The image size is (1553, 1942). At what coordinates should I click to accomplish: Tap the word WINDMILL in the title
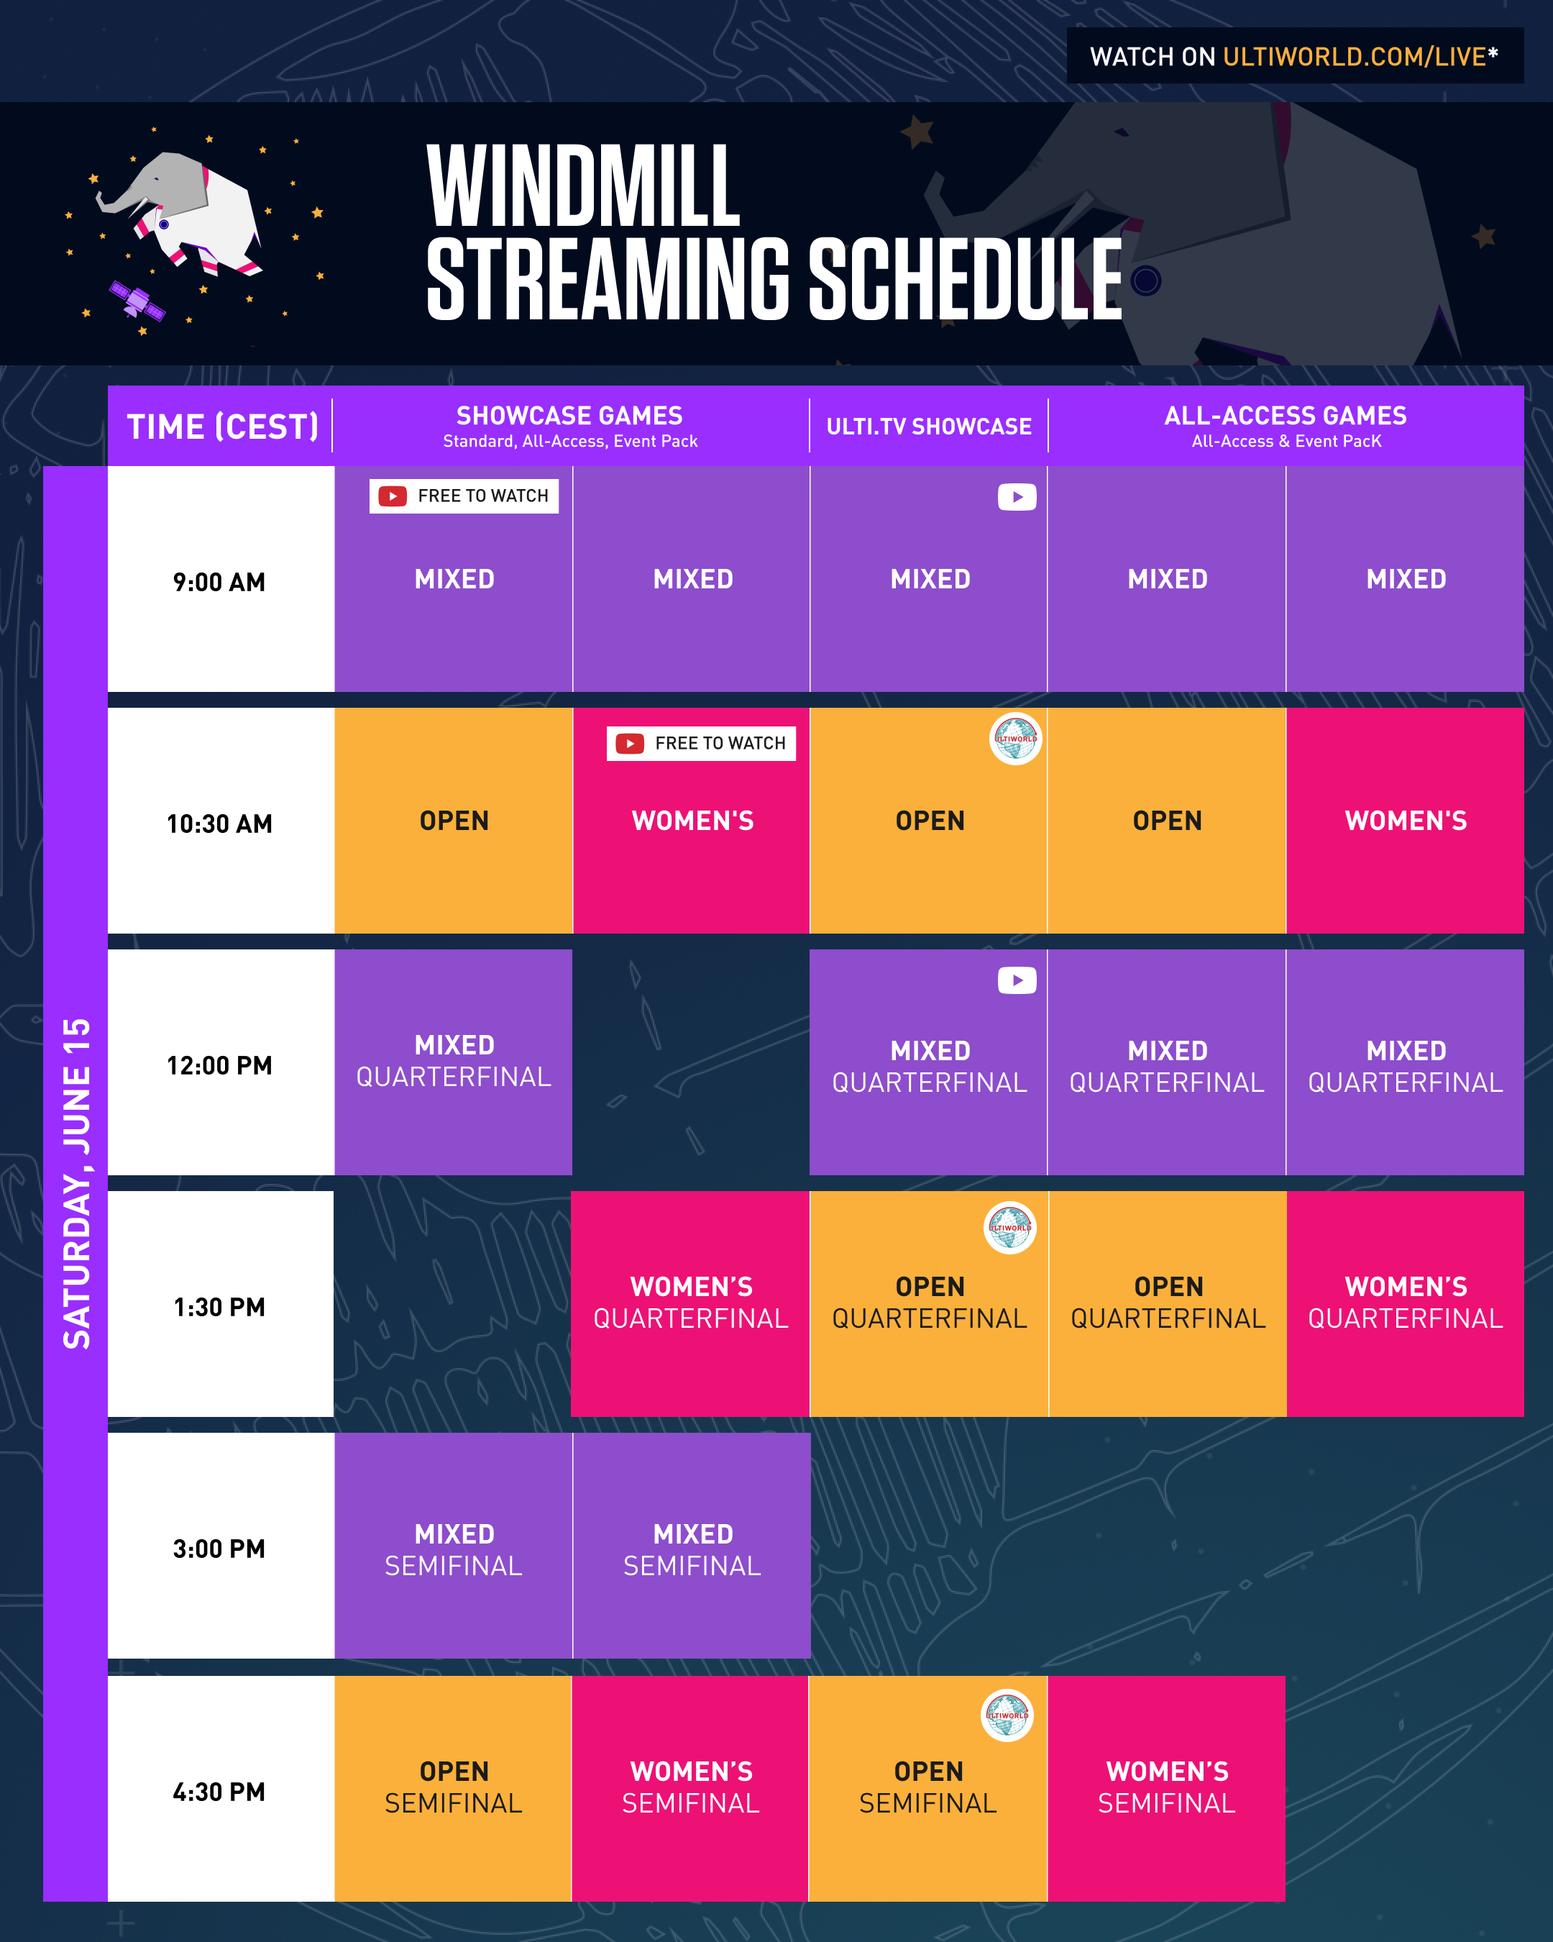pos(582,186)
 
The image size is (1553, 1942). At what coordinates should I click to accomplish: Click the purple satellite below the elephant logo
pos(137,301)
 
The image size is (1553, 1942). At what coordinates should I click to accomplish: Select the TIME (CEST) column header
pos(222,426)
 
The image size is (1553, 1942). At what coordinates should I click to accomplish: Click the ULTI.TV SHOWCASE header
pos(928,426)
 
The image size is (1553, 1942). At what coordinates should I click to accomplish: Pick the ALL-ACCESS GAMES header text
pos(1285,416)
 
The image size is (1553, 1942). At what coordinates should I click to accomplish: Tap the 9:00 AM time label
pos(219,582)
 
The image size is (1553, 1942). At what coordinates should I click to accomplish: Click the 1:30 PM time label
pos(219,1307)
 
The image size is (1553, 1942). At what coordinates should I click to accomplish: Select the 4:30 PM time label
pos(219,1792)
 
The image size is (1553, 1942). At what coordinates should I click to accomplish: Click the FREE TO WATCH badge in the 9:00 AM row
pos(464,496)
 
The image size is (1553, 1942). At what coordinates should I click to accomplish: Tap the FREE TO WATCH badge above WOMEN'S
pos(700,743)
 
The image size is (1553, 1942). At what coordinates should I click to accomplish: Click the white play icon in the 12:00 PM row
pos(1017,980)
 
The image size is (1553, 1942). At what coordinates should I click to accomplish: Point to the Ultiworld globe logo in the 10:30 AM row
pos(1015,739)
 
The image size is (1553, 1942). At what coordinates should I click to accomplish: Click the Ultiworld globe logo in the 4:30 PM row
pos(1007,1715)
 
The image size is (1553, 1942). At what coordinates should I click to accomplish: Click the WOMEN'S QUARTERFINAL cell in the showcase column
pos(690,1303)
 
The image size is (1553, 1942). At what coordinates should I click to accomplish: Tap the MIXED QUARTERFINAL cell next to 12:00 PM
pos(453,1061)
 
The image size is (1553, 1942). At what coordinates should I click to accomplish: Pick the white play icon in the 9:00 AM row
pos(1017,497)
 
